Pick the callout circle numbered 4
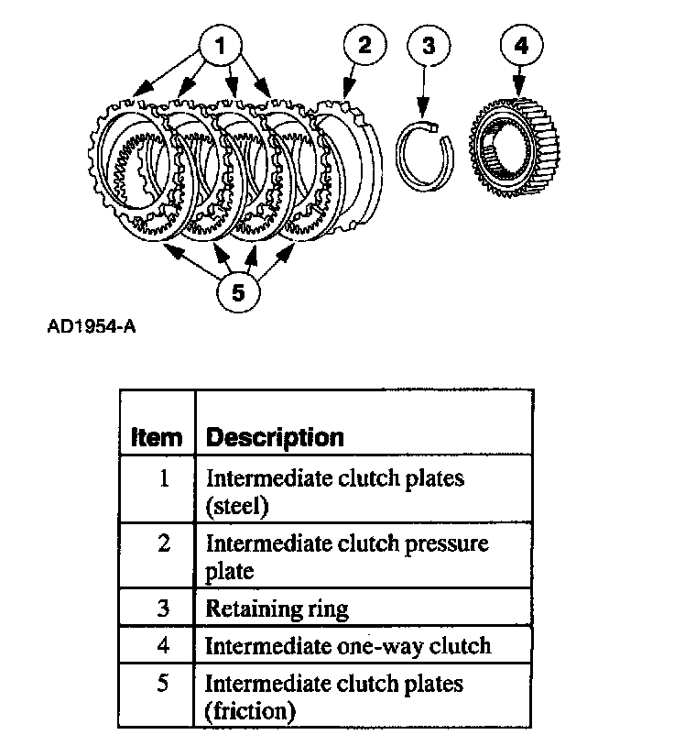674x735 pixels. pyautogui.click(x=521, y=45)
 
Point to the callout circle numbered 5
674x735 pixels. pyautogui.click(x=237, y=292)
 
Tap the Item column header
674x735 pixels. pyautogui.click(x=157, y=437)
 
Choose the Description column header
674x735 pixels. pyautogui.click(x=275, y=437)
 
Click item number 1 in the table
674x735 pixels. pyautogui.click(x=164, y=478)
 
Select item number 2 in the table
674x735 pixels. pyautogui.click(x=164, y=543)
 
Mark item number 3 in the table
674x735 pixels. pyautogui.click(x=164, y=609)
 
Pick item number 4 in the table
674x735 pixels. pyautogui.click(x=164, y=645)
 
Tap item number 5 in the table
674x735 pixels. pyautogui.click(x=164, y=684)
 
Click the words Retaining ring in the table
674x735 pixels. pyautogui.click(x=277, y=609)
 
